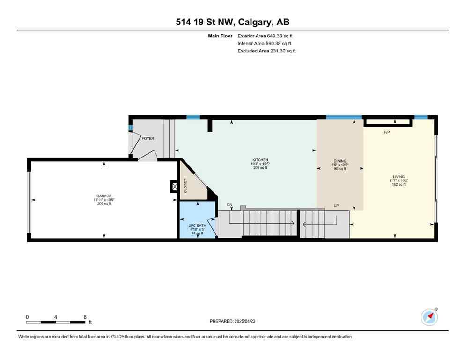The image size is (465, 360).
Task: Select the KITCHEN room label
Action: click(x=260, y=160)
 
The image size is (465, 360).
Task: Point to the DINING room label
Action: click(x=340, y=161)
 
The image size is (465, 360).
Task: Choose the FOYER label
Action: click(x=148, y=138)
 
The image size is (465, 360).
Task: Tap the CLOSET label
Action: click(x=185, y=186)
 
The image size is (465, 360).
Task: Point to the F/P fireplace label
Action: click(x=387, y=133)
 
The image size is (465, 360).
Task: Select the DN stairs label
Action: click(x=229, y=205)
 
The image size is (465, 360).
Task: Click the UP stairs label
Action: click(x=336, y=205)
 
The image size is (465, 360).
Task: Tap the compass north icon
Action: click(x=429, y=317)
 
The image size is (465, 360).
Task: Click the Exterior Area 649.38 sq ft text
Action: click(x=266, y=36)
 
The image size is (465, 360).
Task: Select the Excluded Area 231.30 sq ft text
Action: click(x=266, y=51)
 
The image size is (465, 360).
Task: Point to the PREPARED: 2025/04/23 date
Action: click(x=232, y=321)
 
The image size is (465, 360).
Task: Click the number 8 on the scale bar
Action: click(x=85, y=317)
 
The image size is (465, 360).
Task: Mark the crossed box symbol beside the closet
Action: click(x=175, y=187)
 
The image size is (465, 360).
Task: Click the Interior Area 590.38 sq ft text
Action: click(x=264, y=43)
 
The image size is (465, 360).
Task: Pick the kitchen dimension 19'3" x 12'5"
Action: click(x=260, y=164)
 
